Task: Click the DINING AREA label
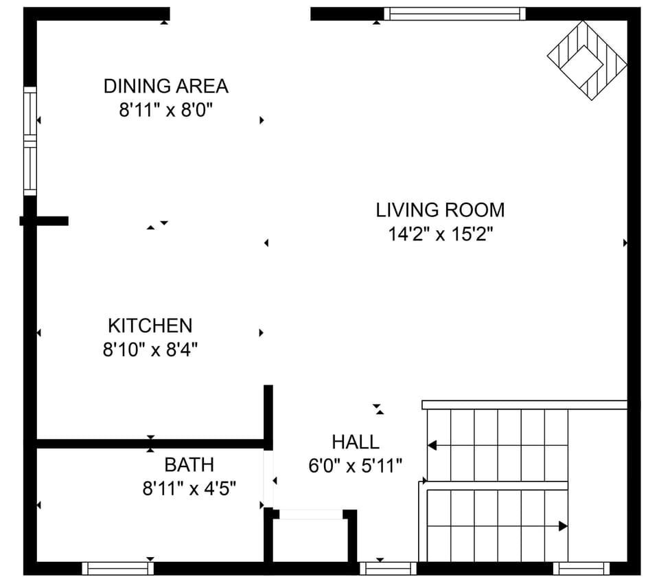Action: (x=165, y=87)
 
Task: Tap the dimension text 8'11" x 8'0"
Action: (x=167, y=111)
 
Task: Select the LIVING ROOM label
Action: (x=440, y=210)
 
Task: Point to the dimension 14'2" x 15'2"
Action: (x=441, y=234)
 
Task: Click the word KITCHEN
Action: (x=150, y=326)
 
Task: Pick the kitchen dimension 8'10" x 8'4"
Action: (x=150, y=350)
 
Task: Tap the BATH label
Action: (x=189, y=465)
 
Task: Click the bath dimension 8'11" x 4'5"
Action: (x=189, y=489)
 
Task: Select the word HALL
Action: (x=355, y=442)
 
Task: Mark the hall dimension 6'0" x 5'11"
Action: (x=355, y=466)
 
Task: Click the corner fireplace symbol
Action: (x=587, y=60)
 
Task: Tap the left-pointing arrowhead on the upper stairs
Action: (x=432, y=446)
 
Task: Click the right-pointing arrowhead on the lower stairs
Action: (x=563, y=526)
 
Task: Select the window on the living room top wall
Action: (x=454, y=14)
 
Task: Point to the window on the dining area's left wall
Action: (x=30, y=141)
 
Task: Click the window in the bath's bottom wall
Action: (x=117, y=568)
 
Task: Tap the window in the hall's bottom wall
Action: (x=388, y=568)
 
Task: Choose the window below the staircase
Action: (x=581, y=568)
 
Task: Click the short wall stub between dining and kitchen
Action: (x=45, y=220)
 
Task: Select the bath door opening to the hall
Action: (x=268, y=480)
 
